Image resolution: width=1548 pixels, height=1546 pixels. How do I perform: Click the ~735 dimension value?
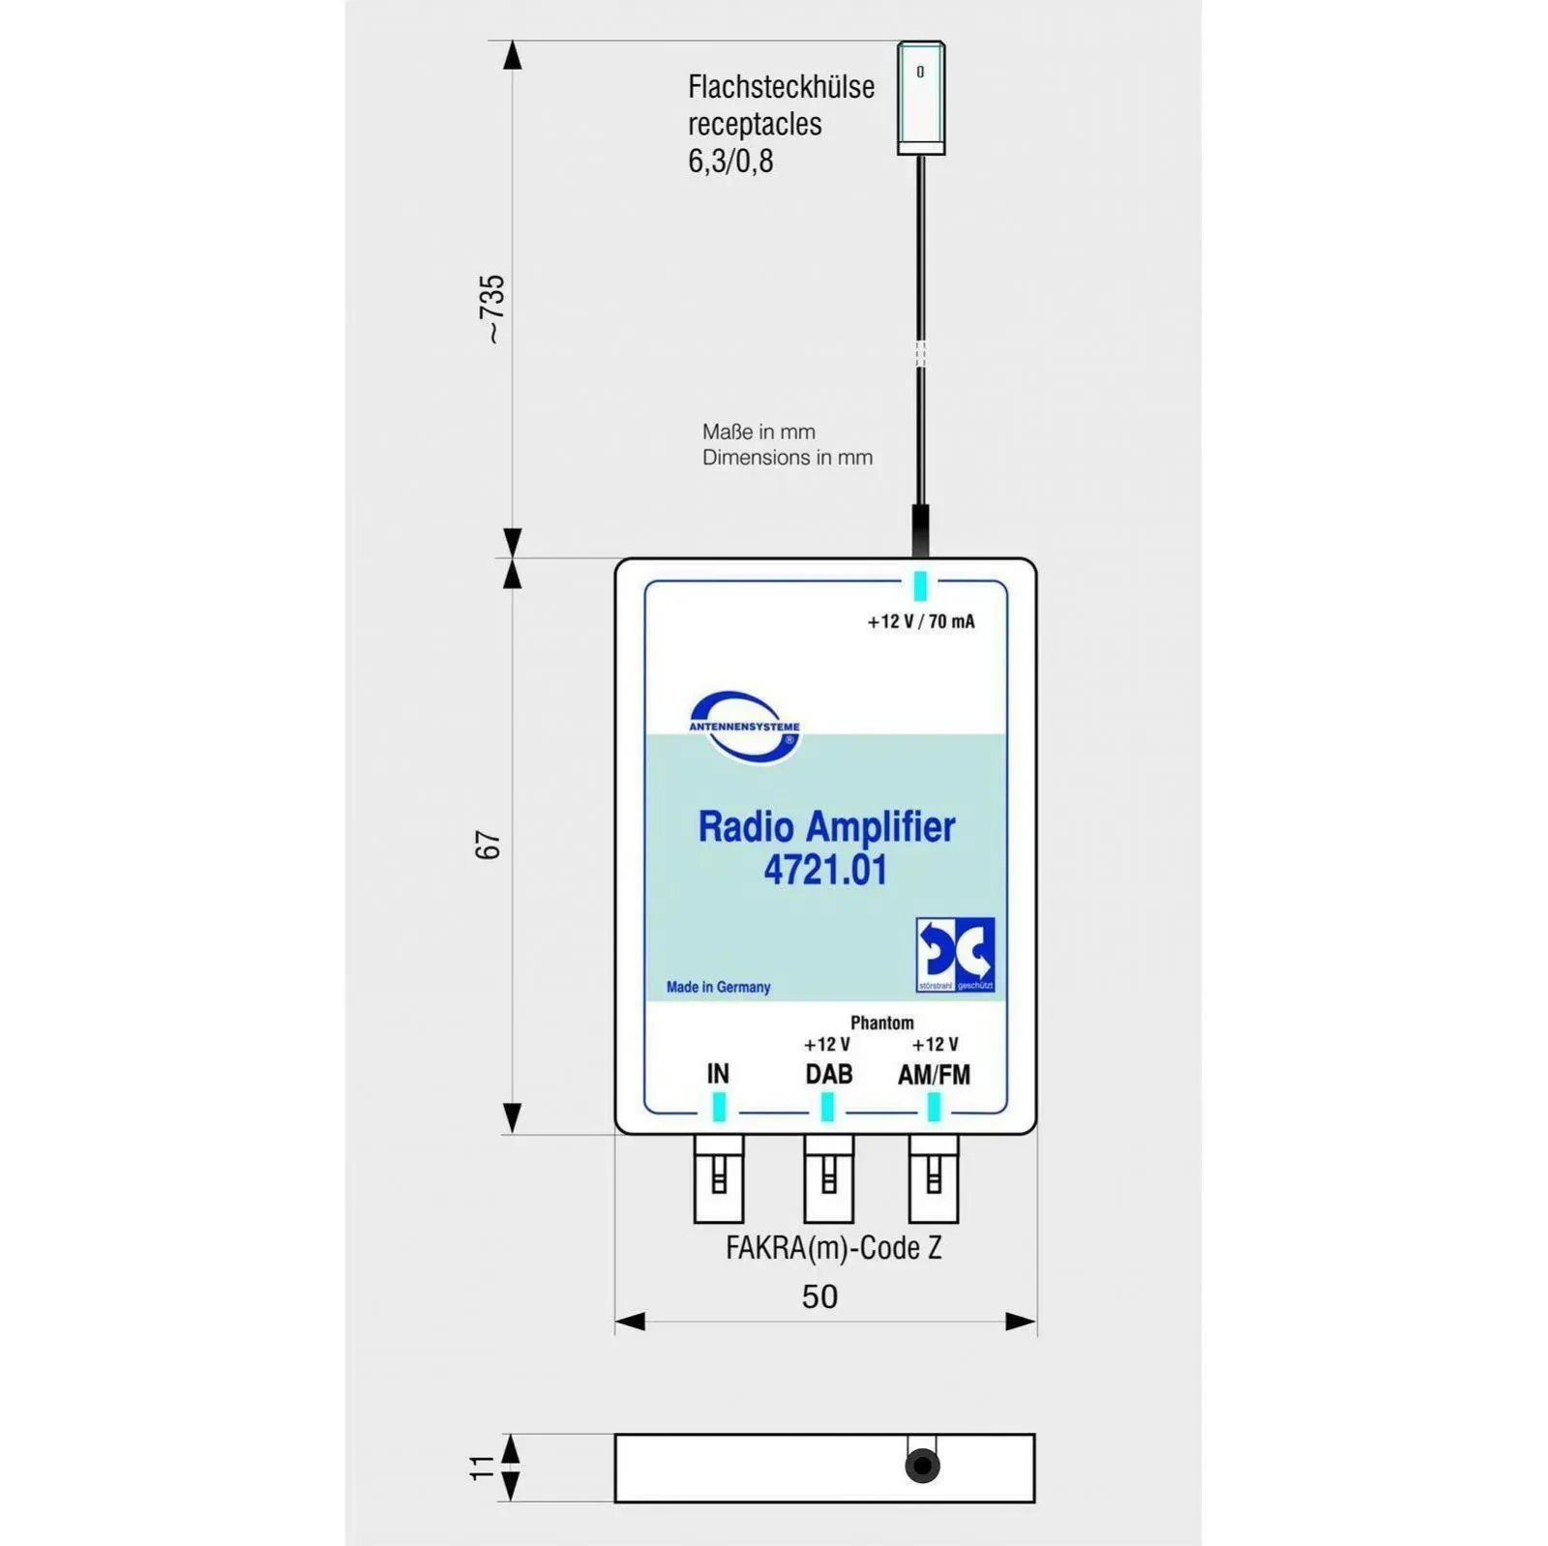(492, 309)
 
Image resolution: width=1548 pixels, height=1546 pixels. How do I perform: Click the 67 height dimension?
(489, 845)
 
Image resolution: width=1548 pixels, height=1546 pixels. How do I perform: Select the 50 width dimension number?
(819, 1296)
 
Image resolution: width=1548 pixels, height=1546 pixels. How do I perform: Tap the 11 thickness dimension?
(482, 1467)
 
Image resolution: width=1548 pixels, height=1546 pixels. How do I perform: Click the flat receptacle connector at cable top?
(920, 98)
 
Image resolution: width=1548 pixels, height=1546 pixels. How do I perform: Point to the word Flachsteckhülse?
(781, 87)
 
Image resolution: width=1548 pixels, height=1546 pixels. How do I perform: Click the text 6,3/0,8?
(730, 161)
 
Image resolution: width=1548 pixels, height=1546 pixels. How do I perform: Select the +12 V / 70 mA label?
(921, 621)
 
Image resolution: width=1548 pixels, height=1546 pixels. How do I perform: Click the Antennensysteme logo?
(744, 728)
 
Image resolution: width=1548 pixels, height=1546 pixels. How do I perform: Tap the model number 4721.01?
(825, 870)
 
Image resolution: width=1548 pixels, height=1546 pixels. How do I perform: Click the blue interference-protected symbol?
(955, 955)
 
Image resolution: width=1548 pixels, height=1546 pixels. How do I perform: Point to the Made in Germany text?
(718, 987)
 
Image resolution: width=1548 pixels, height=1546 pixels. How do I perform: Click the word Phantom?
(881, 1023)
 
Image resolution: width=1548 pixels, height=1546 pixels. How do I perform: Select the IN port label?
(718, 1074)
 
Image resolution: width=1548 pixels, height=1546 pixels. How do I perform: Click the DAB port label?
(829, 1074)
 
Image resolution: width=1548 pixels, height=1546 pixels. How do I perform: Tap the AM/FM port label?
(934, 1074)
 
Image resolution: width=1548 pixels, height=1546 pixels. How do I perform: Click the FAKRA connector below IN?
(719, 1178)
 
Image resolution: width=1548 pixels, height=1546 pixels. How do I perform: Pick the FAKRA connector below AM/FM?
(934, 1178)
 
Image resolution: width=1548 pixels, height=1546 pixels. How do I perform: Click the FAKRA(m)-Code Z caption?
(833, 1248)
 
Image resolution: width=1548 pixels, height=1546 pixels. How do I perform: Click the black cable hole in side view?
(922, 1466)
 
